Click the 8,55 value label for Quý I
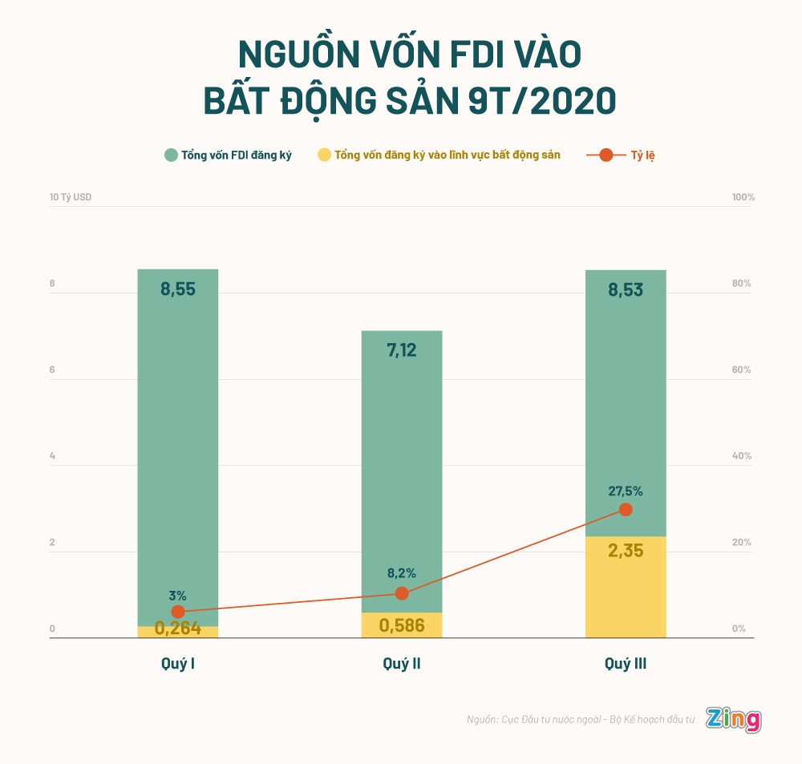click(x=177, y=289)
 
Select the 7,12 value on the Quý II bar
click(x=402, y=350)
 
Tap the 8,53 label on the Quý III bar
click(x=626, y=290)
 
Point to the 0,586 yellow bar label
click(x=402, y=625)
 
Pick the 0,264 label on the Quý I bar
click(x=177, y=629)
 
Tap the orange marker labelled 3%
click(x=178, y=612)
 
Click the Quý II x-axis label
click(x=402, y=664)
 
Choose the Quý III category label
click(x=626, y=664)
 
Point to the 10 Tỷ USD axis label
click(x=71, y=197)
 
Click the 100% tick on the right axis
click(x=743, y=197)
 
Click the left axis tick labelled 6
click(x=52, y=370)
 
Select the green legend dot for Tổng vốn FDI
click(x=171, y=155)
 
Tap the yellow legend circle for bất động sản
click(x=325, y=155)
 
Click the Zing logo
click(x=733, y=719)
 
